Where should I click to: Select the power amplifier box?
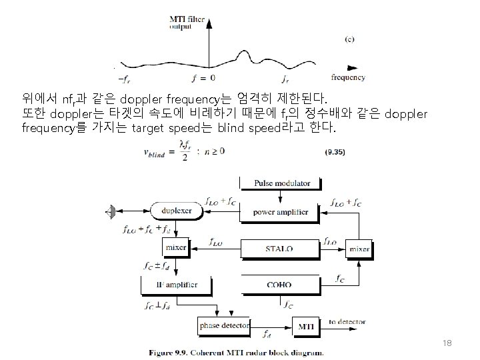point(281,212)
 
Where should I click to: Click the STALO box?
point(279,249)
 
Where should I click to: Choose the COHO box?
point(279,285)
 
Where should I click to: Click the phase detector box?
point(224,325)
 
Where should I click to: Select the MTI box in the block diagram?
point(306,325)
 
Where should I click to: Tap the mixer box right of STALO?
point(359,249)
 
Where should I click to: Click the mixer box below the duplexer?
point(176,249)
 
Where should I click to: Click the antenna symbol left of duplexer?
point(111,212)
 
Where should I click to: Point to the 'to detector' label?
point(347,322)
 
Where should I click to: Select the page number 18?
point(447,343)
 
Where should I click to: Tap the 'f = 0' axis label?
point(203,78)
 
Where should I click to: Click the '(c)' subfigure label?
point(349,39)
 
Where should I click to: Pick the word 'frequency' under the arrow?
point(347,78)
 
